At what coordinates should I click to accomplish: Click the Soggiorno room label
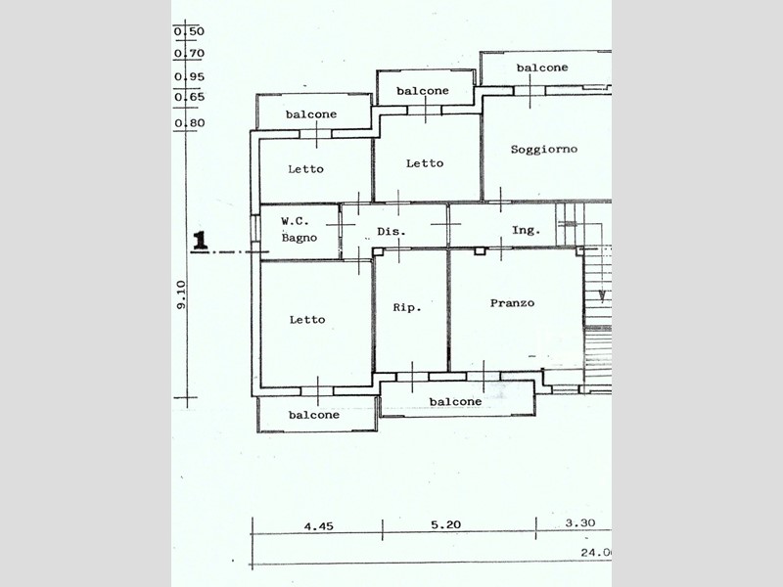544,150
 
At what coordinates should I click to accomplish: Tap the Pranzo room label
512,303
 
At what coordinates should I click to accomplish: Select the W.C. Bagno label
299,230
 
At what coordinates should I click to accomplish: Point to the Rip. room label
407,307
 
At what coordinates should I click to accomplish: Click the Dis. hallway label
391,231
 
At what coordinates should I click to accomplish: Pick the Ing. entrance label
526,230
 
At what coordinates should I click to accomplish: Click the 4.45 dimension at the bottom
319,526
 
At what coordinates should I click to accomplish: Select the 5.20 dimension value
445,524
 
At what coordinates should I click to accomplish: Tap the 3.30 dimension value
580,522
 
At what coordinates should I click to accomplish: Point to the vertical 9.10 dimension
181,294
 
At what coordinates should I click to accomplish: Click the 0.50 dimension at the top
189,31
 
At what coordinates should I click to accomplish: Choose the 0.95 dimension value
189,77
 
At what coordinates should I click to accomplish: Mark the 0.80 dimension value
190,123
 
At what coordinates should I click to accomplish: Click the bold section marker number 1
201,241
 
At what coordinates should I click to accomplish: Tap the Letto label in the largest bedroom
307,320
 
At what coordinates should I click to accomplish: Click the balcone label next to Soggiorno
542,68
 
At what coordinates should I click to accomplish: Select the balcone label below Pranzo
455,401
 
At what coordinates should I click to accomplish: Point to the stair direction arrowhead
603,296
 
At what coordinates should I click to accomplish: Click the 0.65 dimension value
190,97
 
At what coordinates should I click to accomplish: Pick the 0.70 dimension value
189,54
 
